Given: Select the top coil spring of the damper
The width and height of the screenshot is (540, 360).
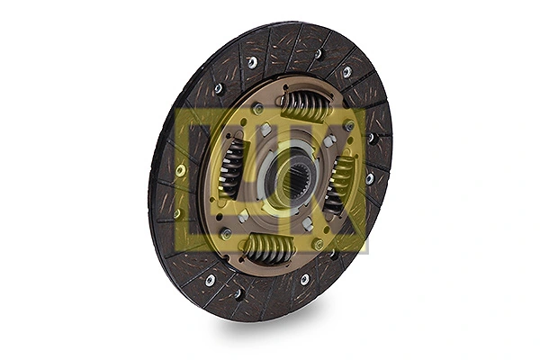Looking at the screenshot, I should (304, 105).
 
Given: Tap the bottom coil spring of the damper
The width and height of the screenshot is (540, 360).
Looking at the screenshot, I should (268, 249).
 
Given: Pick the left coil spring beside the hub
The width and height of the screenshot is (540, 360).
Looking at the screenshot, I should (231, 167).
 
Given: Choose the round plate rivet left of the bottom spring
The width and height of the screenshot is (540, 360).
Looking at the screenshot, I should (226, 233).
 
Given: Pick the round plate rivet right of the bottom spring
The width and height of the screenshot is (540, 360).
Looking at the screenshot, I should (318, 244).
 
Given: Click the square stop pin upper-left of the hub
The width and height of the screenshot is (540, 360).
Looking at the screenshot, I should (266, 131).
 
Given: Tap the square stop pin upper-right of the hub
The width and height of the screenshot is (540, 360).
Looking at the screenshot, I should (329, 141).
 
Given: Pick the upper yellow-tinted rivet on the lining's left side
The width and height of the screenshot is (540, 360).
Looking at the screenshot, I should (181, 169).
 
